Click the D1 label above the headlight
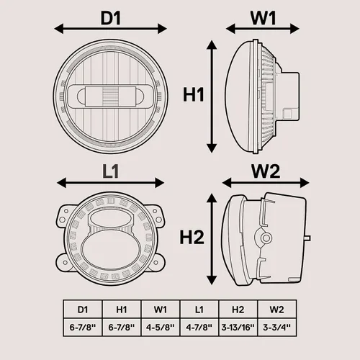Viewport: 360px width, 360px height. coord(111,18)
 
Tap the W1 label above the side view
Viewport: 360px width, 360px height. coord(263,18)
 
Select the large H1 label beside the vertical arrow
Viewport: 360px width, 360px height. coord(194,94)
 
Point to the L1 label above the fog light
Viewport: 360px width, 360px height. coord(110,171)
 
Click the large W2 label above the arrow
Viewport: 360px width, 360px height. coord(266,171)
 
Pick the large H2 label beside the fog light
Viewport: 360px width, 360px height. coord(192,237)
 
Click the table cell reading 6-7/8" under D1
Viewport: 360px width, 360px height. coord(83,327)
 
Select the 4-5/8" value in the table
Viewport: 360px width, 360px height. coord(161,327)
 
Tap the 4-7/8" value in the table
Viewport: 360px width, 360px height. coord(199,327)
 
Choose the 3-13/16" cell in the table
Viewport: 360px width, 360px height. coord(238,327)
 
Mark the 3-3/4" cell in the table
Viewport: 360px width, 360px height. coord(277,327)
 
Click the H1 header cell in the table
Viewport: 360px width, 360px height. coord(122,310)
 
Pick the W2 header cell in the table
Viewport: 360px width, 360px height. coord(277,310)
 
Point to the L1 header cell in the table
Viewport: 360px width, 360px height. coord(199,310)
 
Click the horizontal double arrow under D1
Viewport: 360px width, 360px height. coord(111,29)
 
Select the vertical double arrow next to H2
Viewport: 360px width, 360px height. coord(212,239)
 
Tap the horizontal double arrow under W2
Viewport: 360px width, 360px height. coord(266,183)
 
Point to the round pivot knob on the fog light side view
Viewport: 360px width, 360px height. coord(266,238)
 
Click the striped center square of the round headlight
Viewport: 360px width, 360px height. coord(111,96)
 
